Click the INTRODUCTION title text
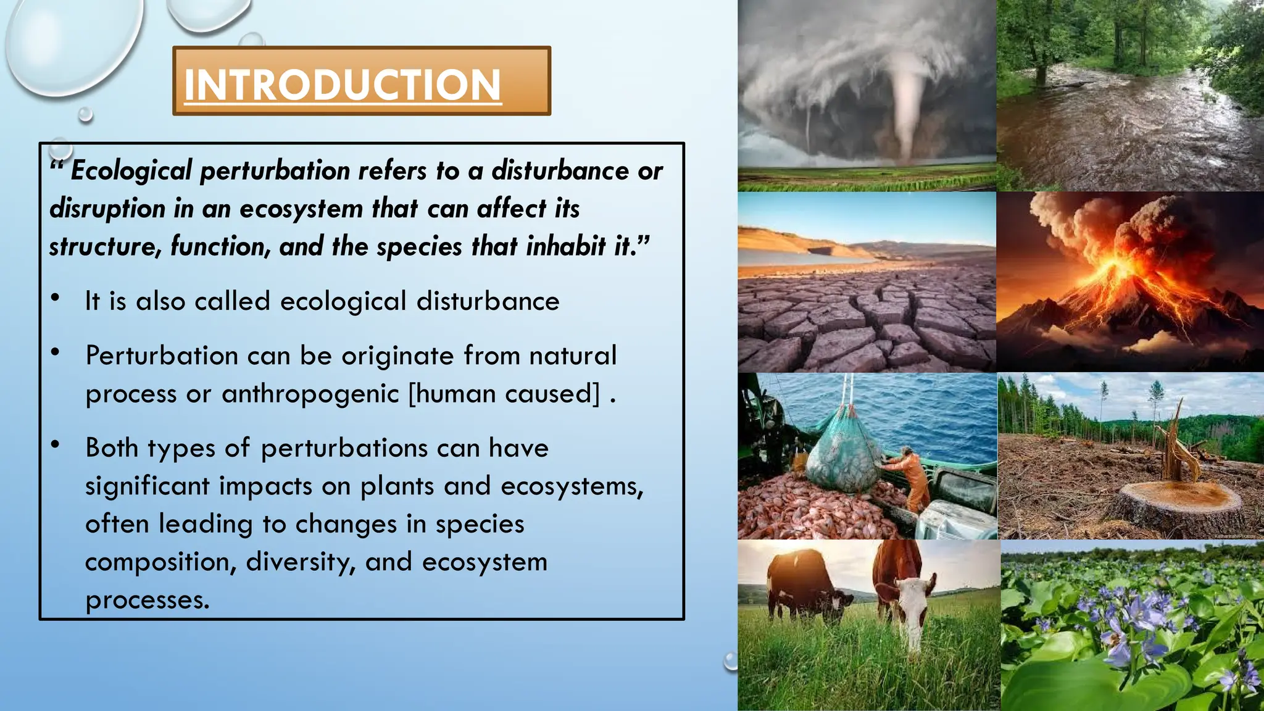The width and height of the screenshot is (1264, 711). [343, 85]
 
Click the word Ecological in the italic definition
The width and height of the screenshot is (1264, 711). [131, 171]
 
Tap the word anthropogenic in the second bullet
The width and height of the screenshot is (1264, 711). [310, 394]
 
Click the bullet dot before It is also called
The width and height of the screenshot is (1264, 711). [56, 299]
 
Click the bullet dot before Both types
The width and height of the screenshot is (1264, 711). [56, 444]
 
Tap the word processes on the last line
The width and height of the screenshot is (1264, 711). [147, 600]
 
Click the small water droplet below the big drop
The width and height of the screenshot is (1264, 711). [86, 114]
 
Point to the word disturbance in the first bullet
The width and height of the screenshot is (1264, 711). [488, 301]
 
